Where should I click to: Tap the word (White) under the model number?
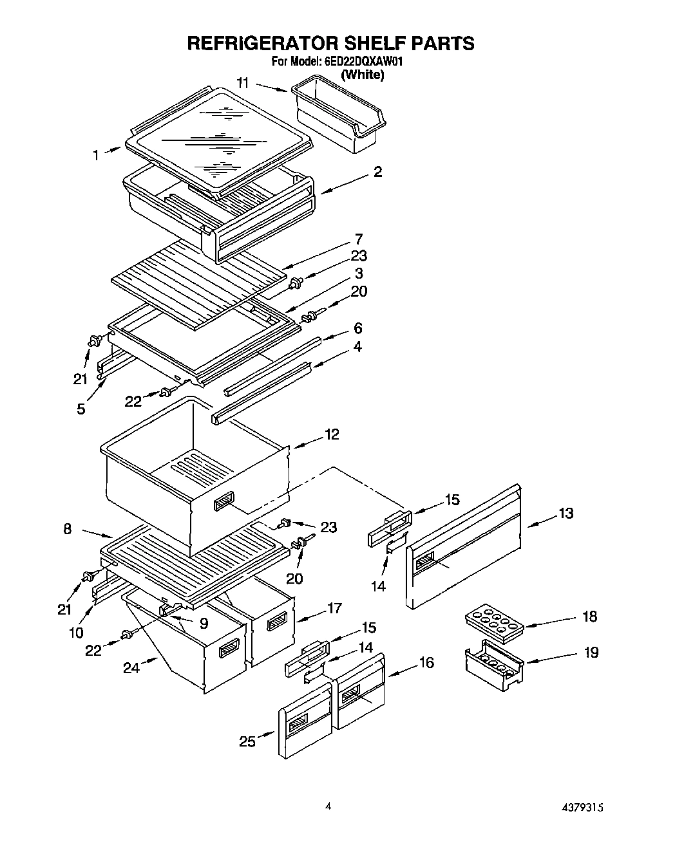coord(362,75)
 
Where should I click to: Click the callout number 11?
coord(243,83)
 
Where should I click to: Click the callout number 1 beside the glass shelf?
coord(96,154)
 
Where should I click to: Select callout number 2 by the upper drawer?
coord(377,172)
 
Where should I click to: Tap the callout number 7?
coord(358,239)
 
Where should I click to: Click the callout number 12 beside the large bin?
coord(331,435)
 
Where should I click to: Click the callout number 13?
coord(566,514)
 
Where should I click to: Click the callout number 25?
coord(247,742)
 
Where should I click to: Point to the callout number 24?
coord(131,668)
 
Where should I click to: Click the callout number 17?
coord(334,608)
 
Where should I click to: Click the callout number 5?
coord(81,409)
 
